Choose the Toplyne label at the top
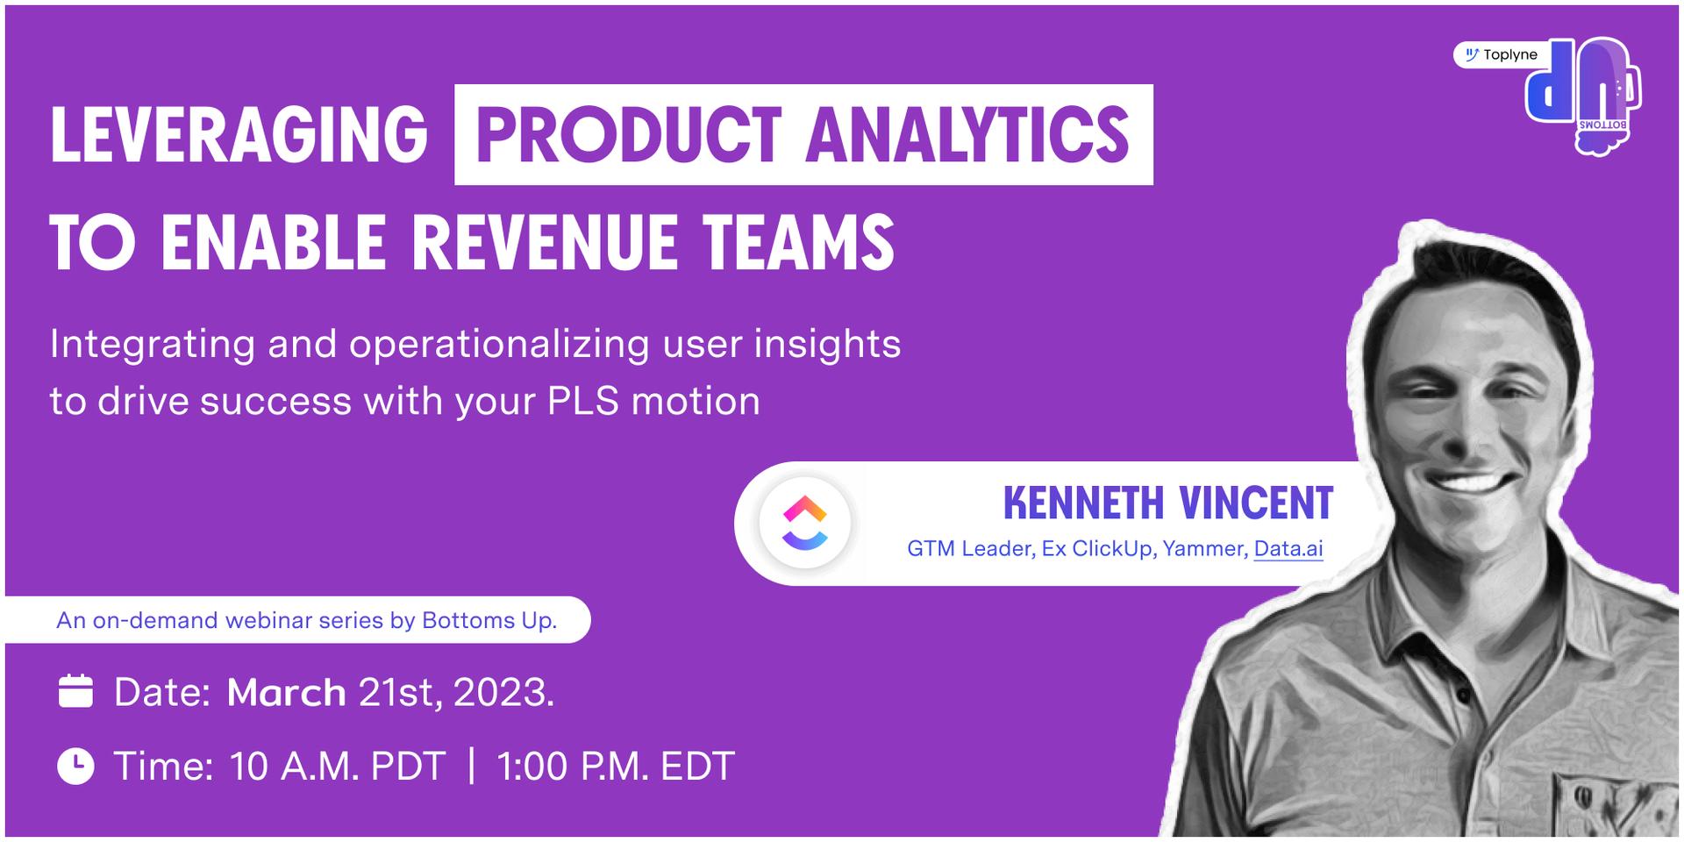pos(1501,54)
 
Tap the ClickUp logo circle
pos(805,524)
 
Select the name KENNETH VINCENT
pos(1167,503)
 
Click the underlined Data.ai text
pos(1288,549)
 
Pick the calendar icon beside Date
pos(75,691)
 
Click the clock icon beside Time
pos(75,766)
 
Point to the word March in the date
pos(286,693)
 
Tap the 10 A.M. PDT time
pos(338,767)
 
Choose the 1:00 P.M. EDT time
pos(616,767)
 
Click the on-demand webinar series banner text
pos(307,620)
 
